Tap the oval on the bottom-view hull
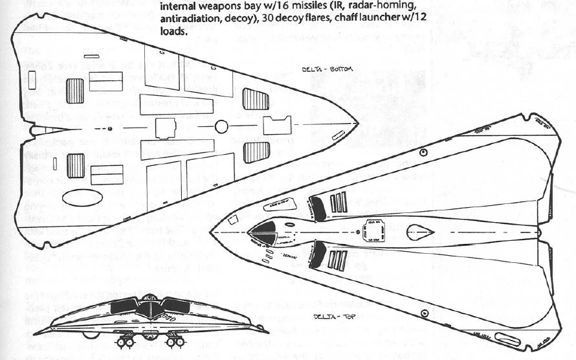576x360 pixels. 82,197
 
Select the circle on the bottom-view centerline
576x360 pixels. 221,127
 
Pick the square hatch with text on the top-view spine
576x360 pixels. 374,229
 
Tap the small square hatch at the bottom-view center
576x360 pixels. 166,128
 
